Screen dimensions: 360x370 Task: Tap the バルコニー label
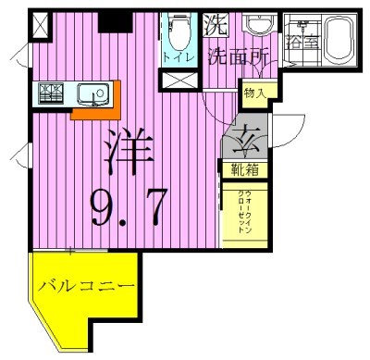pos(87,285)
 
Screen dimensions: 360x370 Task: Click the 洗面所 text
pos(238,55)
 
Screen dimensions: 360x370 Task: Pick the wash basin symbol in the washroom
pos(261,25)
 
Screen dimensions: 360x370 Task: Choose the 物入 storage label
pos(255,92)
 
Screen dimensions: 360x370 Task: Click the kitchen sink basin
pos(93,93)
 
